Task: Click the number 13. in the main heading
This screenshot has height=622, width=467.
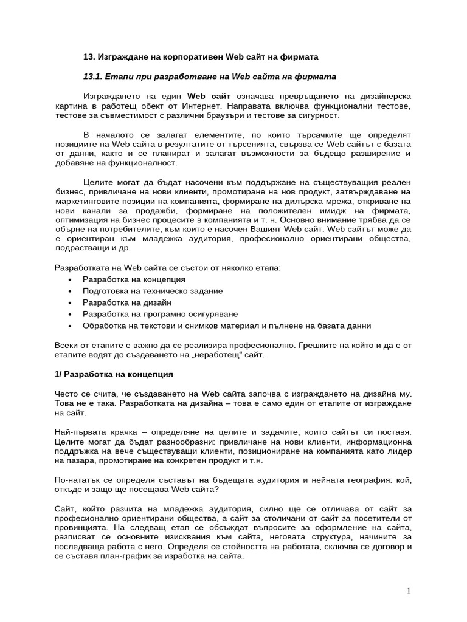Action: coord(89,56)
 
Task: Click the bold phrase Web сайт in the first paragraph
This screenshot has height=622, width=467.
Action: coord(209,96)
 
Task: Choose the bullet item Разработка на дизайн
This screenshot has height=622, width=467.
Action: coord(127,302)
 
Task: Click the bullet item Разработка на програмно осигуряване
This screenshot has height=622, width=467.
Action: coord(160,314)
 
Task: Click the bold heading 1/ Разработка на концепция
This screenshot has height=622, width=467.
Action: coord(114,374)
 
